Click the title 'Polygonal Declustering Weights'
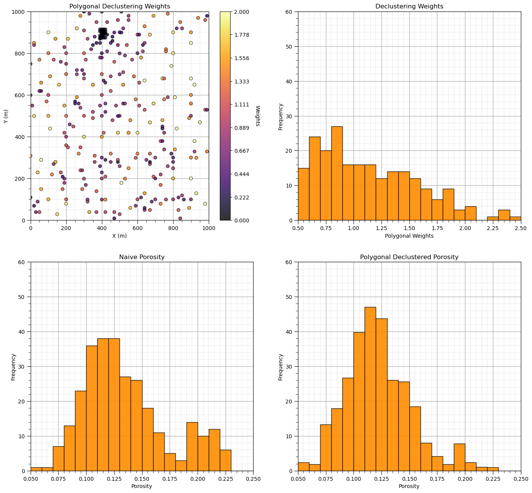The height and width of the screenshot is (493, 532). (x=119, y=6)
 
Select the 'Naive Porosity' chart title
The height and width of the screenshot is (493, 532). (x=142, y=257)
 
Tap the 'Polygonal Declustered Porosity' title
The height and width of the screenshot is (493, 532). (x=409, y=257)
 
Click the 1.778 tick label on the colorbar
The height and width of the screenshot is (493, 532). (x=241, y=35)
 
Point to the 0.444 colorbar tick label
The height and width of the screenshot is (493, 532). (x=241, y=174)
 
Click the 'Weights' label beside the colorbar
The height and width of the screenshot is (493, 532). (x=257, y=116)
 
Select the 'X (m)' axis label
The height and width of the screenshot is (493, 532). (x=119, y=236)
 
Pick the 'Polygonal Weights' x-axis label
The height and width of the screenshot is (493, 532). (x=409, y=236)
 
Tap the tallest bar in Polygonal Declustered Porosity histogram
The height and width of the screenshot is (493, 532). (x=370, y=389)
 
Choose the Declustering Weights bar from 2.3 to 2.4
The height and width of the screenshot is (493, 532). (x=504, y=215)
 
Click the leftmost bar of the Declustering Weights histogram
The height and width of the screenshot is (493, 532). (x=303, y=194)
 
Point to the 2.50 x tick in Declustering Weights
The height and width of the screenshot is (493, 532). (x=521, y=228)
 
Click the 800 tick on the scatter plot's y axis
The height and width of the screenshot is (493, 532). (x=22, y=54)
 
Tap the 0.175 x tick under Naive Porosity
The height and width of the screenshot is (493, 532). (x=170, y=479)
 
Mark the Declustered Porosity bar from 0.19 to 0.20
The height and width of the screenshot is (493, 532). (x=460, y=457)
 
